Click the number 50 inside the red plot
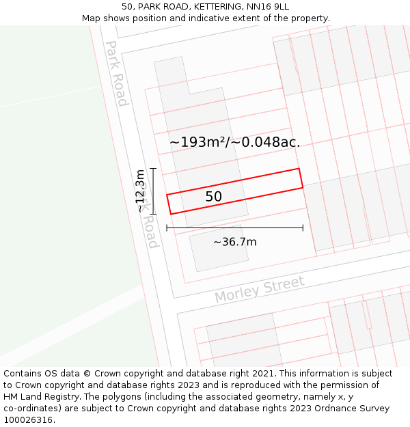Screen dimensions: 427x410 coord(213,197)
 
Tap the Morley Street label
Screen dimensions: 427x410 coord(259,290)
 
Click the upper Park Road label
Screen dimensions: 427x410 coord(116,73)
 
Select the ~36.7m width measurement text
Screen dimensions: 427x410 coord(234,242)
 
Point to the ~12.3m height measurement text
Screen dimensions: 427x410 coord(140,191)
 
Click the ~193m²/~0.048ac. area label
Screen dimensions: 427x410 coord(234,142)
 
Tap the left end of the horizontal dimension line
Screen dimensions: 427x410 coord(167,228)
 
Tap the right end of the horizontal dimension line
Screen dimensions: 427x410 coord(303,228)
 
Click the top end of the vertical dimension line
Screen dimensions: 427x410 coord(153,168)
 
